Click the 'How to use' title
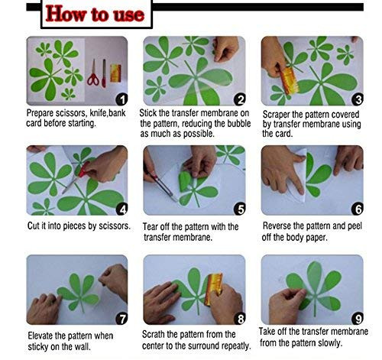point(95,14)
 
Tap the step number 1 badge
point(121,99)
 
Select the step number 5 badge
point(240,209)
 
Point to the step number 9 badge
point(358,318)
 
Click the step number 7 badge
point(121,319)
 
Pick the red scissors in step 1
point(93,73)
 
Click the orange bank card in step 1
point(115,73)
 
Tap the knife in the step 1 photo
point(104,73)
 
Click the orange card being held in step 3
point(289,81)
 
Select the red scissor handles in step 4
point(84,169)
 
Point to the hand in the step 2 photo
point(225,49)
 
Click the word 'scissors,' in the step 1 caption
point(71,113)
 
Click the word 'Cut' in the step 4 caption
point(34,225)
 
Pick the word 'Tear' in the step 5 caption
point(150,226)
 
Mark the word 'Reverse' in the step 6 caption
point(277,225)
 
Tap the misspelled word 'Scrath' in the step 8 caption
point(154,334)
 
